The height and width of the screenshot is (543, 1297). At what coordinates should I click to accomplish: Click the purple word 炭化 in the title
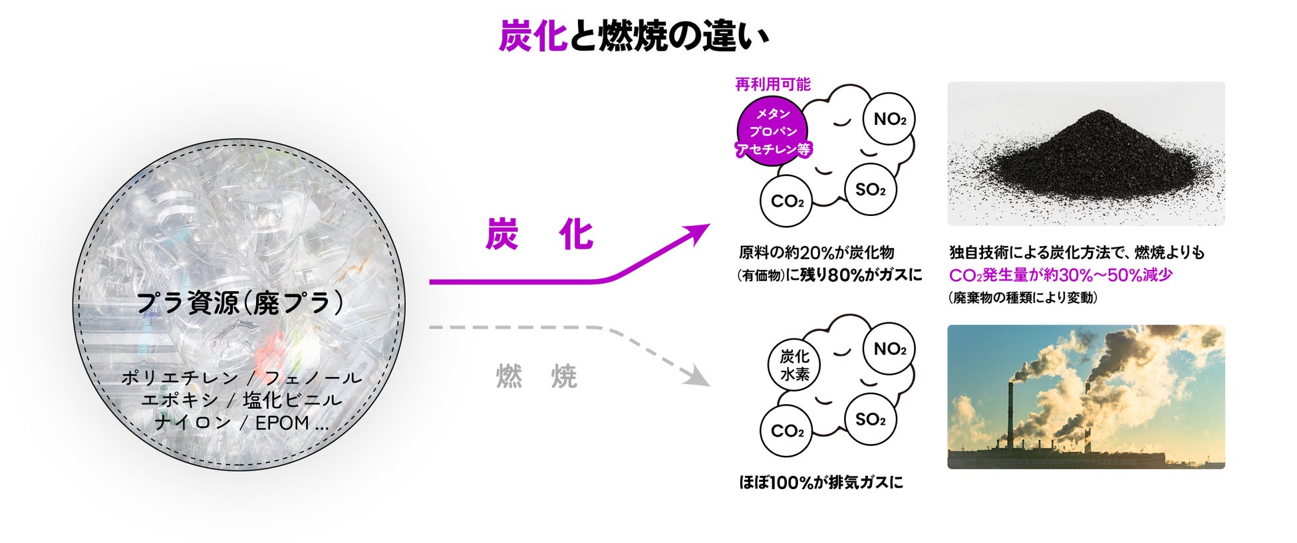[x=533, y=36]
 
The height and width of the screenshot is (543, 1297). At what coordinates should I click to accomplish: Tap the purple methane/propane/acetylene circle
[x=773, y=132]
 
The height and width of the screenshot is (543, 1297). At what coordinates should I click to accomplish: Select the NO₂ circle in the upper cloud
[x=889, y=120]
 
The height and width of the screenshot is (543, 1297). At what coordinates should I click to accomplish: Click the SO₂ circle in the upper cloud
[x=870, y=189]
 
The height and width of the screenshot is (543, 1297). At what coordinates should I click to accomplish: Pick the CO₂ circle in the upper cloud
[x=787, y=201]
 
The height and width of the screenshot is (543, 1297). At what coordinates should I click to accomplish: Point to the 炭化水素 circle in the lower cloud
[x=794, y=365]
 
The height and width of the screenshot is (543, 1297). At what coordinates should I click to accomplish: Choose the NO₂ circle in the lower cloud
[x=889, y=349]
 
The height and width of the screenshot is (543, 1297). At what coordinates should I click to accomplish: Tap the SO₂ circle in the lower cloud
[x=870, y=419]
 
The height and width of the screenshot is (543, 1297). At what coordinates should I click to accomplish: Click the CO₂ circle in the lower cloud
[x=787, y=431]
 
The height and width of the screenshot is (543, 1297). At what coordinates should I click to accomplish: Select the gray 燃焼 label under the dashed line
[x=537, y=377]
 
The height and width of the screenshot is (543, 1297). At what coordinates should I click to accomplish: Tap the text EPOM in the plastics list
[x=283, y=423]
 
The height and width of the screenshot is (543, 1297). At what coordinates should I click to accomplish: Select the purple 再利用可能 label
[x=773, y=84]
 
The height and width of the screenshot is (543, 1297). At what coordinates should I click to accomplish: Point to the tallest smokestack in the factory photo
[x=1010, y=416]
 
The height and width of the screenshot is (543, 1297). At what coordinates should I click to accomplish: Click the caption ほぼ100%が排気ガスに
[x=821, y=483]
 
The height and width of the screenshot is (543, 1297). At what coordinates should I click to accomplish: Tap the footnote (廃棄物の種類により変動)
[x=1023, y=298]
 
